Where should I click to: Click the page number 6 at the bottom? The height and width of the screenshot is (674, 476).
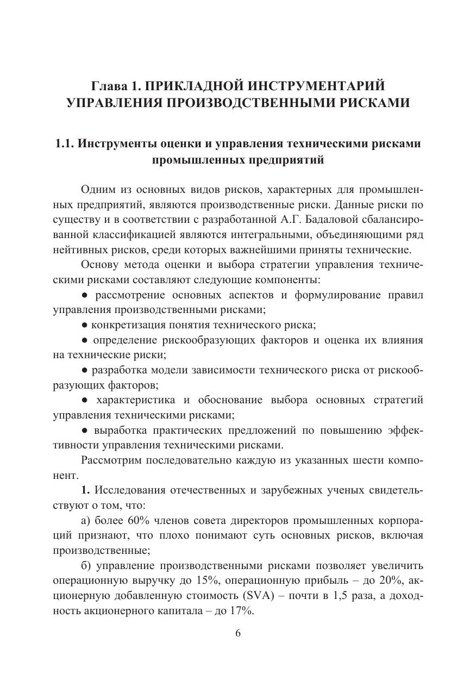pyautogui.click(x=237, y=633)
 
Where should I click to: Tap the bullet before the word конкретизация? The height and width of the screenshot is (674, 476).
pyautogui.click(x=85, y=326)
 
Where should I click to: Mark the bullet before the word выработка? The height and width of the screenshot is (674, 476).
pyautogui.click(x=85, y=430)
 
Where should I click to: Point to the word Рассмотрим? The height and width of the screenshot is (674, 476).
pyautogui.click(x=111, y=460)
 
